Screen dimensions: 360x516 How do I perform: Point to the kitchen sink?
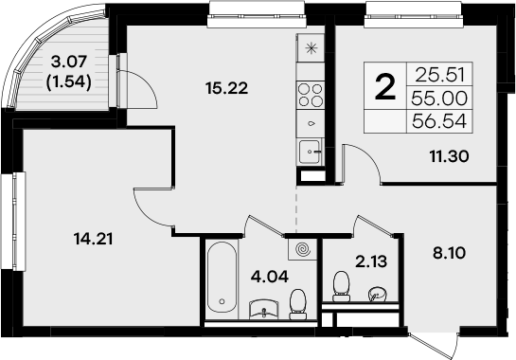(x=311, y=149)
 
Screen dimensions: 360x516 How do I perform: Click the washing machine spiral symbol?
(x=303, y=250)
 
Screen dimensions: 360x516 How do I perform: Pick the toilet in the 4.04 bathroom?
(x=299, y=301)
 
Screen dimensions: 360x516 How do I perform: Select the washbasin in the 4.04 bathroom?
(x=260, y=307)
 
